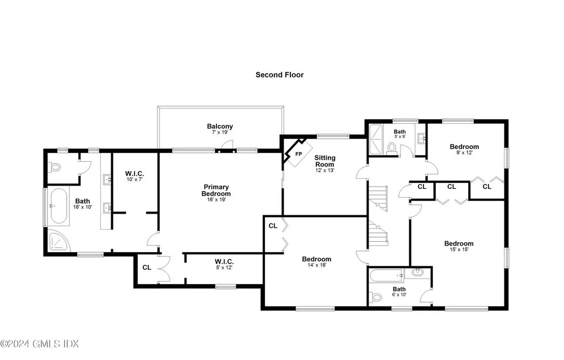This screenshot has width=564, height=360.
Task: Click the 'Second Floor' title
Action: (279, 74)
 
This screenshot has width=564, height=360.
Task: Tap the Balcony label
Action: (220, 127)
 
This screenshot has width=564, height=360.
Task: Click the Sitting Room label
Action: (324, 161)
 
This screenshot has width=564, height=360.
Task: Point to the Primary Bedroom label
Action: (216, 190)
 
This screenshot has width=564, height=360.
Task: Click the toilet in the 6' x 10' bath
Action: (377, 297)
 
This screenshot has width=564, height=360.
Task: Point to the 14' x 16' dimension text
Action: (316, 265)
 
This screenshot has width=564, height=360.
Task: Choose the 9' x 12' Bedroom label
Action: (464, 146)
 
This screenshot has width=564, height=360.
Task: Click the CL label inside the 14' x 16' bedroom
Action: (273, 226)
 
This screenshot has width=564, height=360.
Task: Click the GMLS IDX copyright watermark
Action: (40, 344)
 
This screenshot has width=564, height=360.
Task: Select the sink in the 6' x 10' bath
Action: (417, 272)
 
